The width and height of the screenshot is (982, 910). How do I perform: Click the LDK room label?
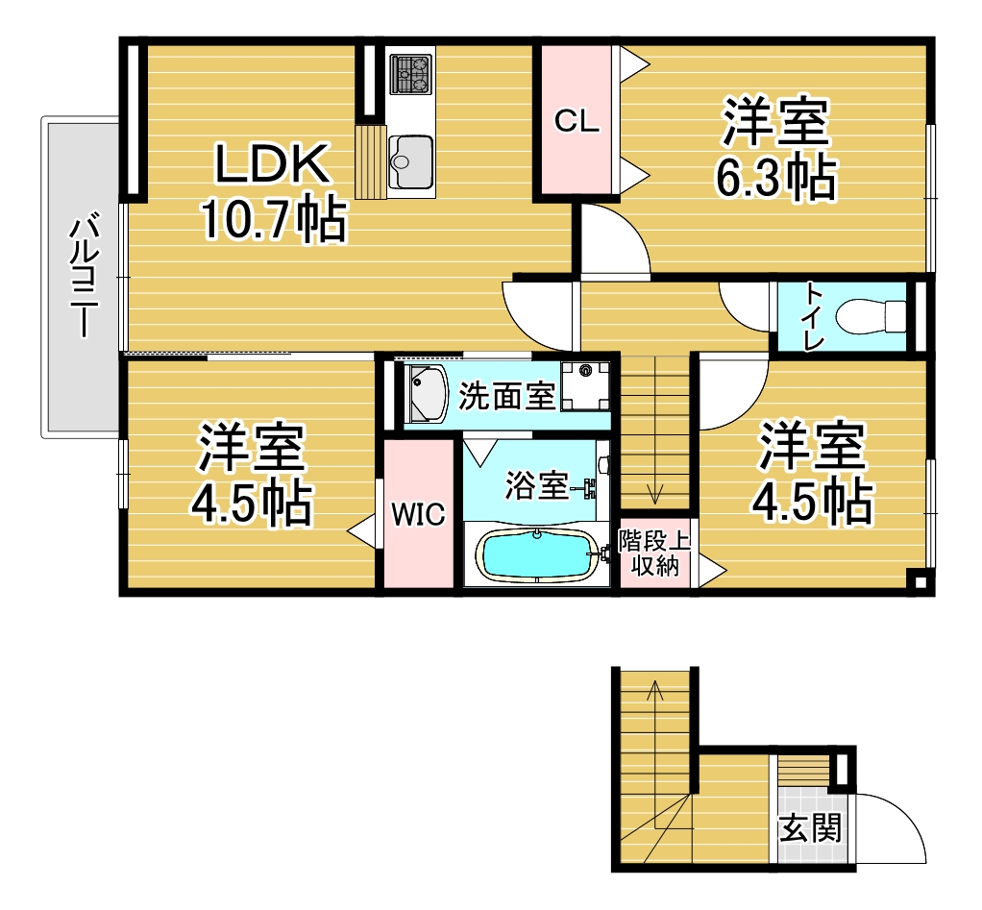(x=272, y=165)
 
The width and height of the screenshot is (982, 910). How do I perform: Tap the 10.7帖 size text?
(x=272, y=220)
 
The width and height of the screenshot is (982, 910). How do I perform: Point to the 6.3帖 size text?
(x=775, y=176)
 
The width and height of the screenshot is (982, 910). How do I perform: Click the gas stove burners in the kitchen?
(x=411, y=74)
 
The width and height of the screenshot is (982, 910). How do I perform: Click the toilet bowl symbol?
(x=871, y=315)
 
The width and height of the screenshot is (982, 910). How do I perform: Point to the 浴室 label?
(x=535, y=486)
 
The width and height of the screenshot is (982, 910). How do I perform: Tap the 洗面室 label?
(x=506, y=396)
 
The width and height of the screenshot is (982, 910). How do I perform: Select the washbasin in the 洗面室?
(x=424, y=394)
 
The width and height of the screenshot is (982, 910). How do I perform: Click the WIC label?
(x=418, y=515)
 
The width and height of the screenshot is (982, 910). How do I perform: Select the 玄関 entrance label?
(x=810, y=827)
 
